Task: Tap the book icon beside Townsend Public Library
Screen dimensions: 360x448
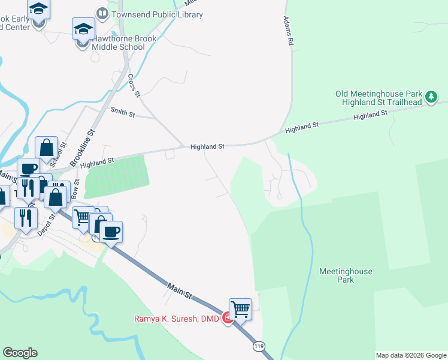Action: (x=102, y=13)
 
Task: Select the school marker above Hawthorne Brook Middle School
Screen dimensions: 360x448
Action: (x=84, y=29)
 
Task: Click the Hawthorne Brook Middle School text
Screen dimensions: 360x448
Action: (x=124, y=43)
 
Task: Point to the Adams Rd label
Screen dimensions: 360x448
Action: (x=289, y=32)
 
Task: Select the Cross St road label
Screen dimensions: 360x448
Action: (x=134, y=85)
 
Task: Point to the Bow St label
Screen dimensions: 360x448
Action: (x=75, y=191)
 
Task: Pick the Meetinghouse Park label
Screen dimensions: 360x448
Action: (x=346, y=275)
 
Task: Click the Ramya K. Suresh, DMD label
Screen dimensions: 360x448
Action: (x=177, y=317)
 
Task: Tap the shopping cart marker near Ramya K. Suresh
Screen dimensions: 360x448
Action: (x=240, y=309)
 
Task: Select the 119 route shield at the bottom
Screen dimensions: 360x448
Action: (x=258, y=346)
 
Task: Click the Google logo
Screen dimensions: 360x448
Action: (x=20, y=353)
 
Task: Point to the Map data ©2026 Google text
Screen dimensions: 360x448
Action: (x=411, y=355)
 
